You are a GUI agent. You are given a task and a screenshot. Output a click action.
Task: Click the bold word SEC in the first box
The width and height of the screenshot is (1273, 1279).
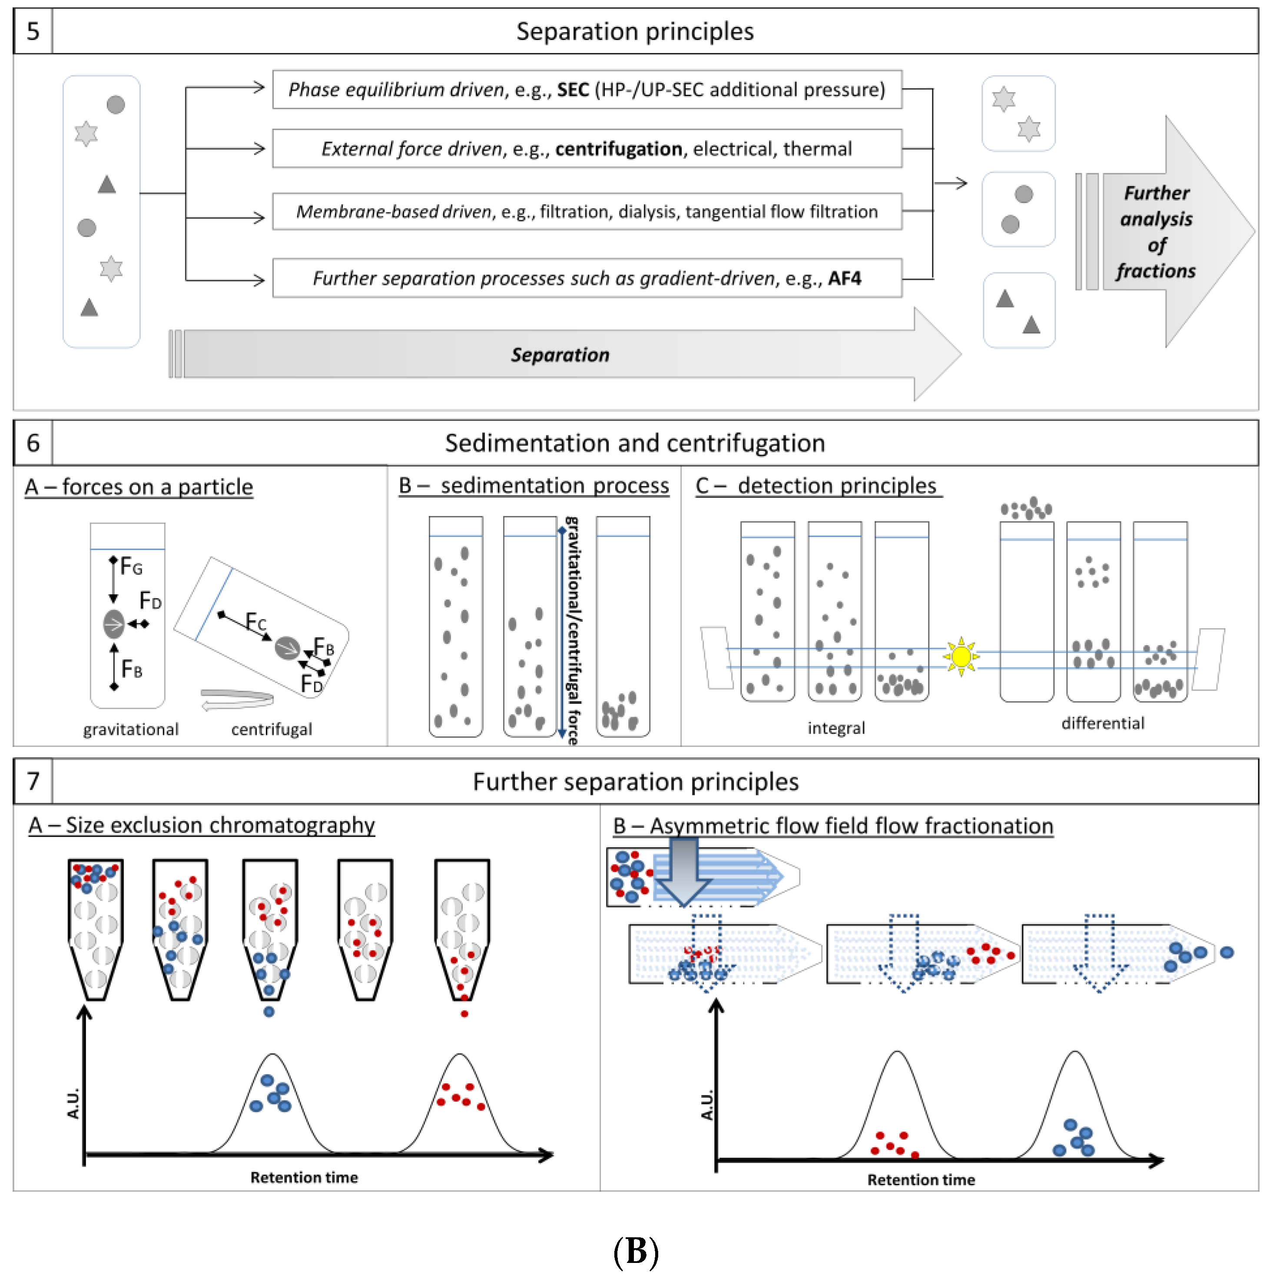coord(573,89)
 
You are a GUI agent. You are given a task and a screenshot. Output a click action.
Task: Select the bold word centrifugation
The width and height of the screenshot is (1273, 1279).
coord(618,149)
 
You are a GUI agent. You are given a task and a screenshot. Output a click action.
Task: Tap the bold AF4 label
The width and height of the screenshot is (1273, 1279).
coord(844,278)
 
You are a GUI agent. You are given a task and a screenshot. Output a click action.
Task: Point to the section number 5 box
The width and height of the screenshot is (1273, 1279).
coord(33,31)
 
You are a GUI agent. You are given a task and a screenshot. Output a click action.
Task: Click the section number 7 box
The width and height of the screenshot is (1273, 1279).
coord(33,781)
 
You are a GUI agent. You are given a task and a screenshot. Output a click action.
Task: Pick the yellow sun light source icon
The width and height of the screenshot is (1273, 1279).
coord(961,657)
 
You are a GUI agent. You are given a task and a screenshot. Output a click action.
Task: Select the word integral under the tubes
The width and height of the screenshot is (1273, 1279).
coord(835,728)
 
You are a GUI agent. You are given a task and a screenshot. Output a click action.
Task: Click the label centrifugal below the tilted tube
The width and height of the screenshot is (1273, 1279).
coord(272,729)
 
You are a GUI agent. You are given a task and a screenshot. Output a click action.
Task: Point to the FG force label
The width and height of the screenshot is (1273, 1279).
coord(130,567)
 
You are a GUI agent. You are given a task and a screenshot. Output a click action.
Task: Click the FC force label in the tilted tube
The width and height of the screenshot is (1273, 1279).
coord(255,622)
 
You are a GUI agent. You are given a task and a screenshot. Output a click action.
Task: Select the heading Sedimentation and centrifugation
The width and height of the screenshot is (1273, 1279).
coord(634,443)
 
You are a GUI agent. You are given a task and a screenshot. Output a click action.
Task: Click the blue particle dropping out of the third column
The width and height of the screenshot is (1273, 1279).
coord(269,1011)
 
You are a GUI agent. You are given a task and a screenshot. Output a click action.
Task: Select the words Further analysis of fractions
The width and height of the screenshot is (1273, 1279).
coord(1156,232)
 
